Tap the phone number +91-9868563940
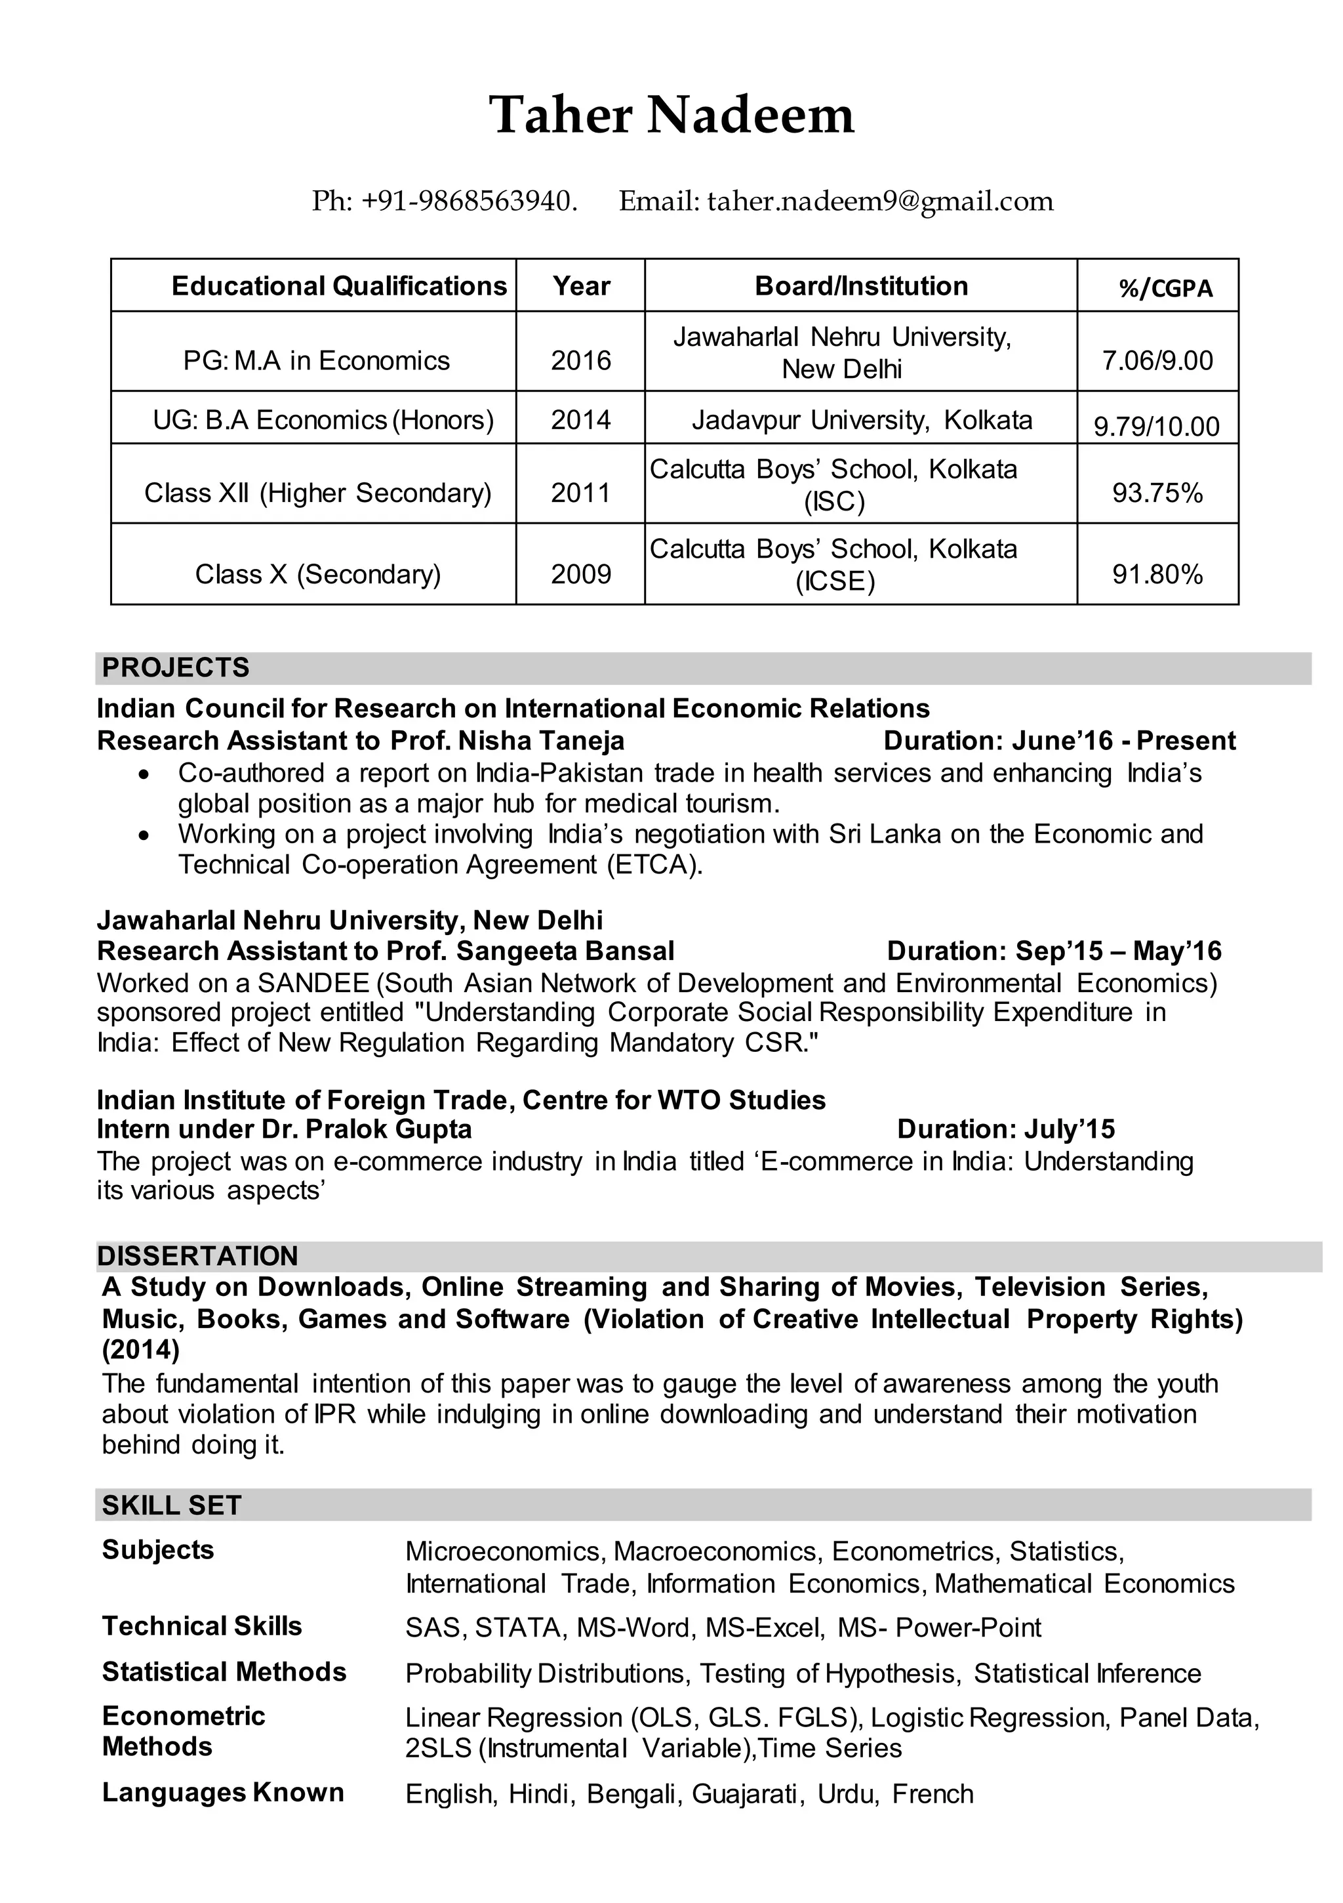coord(468,201)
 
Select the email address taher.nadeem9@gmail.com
coord(880,201)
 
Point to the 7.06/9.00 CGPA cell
coord(1157,360)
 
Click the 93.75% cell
coord(1157,493)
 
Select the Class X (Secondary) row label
coord(317,574)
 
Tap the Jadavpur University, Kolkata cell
coord(862,420)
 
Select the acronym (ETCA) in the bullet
coord(654,864)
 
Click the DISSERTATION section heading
coord(197,1256)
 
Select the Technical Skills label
coord(201,1626)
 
